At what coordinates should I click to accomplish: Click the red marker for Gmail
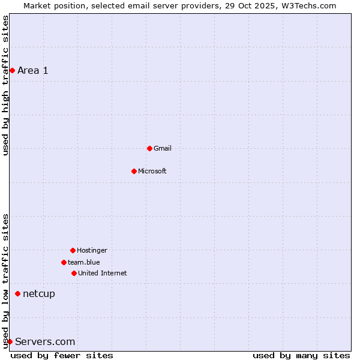[149, 148]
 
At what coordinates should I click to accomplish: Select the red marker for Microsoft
[134, 171]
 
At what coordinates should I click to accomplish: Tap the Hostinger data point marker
[73, 250]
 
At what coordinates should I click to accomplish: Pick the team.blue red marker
[64, 262]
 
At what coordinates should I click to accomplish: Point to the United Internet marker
[74, 273]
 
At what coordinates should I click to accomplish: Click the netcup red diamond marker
[17, 293]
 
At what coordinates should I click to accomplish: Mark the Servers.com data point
[10, 341]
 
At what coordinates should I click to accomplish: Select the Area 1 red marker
[12, 70]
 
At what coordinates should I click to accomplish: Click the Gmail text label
[163, 148]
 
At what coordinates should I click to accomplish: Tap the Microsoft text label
[152, 171]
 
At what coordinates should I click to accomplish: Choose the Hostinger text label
[92, 250]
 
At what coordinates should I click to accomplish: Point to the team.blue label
[84, 262]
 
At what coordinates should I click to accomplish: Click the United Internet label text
[103, 273]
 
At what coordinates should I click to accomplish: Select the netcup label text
[39, 293]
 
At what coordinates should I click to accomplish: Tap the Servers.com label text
[45, 341]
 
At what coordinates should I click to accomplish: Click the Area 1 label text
[33, 70]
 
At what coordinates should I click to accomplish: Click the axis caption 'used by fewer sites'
[62, 355]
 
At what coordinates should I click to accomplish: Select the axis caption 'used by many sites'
[301, 355]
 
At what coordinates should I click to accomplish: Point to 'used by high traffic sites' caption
[5, 85]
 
